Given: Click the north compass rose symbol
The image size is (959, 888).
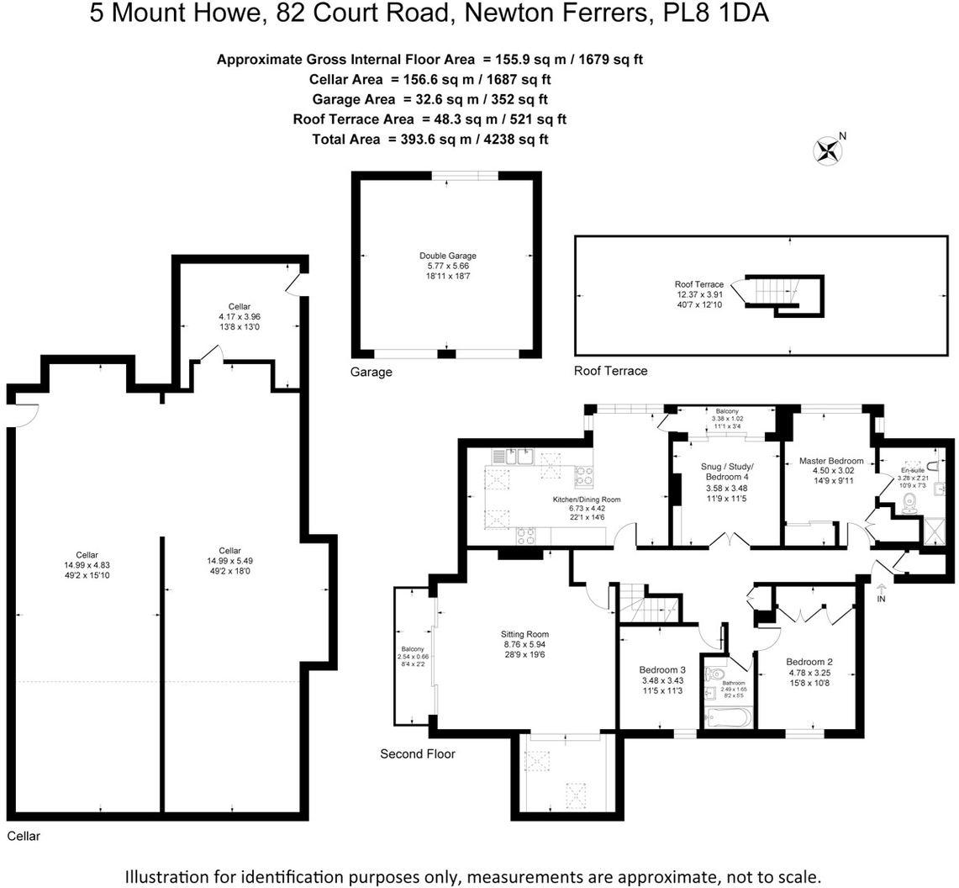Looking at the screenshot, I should tap(828, 150).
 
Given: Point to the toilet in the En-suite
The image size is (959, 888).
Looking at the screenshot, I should tap(908, 503).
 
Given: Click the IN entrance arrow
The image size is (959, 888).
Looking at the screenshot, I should tap(880, 593).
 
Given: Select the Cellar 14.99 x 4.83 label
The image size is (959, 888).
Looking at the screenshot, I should tap(87, 566).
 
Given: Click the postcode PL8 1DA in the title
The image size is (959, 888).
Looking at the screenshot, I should tap(720, 14).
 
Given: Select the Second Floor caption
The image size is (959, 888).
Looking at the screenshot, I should tap(418, 754).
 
